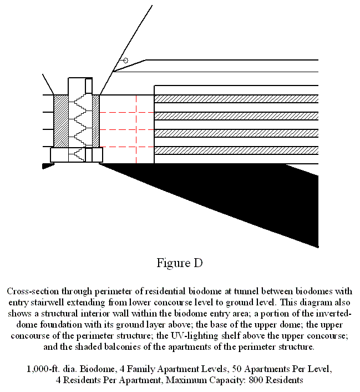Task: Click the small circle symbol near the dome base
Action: [x=126, y=61]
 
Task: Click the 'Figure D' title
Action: [x=180, y=263]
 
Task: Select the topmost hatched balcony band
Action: [x=236, y=99]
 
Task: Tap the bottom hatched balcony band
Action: [x=236, y=150]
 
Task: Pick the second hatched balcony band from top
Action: [x=236, y=116]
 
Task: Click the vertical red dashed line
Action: [x=136, y=129]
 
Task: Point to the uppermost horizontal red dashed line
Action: [x=126, y=113]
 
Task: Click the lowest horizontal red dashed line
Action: [x=126, y=147]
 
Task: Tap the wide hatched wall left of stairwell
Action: [x=61, y=120]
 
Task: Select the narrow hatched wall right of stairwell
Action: [x=95, y=120]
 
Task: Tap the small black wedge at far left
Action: [x=48, y=166]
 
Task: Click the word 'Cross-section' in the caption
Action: [x=33, y=292]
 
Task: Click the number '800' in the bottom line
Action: [x=256, y=380]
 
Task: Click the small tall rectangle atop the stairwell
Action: [x=89, y=86]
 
